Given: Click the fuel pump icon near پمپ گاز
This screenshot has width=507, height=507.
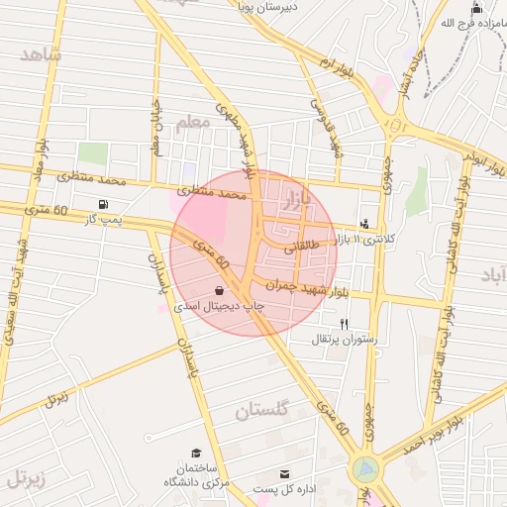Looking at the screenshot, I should (103, 204).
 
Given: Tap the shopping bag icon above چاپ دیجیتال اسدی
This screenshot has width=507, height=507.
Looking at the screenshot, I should (218, 291).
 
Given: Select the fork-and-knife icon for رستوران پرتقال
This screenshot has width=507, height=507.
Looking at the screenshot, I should (345, 324).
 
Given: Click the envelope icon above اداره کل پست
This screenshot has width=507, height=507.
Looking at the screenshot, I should (286, 474).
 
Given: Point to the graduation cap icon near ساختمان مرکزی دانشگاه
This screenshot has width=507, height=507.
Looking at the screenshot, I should (196, 453).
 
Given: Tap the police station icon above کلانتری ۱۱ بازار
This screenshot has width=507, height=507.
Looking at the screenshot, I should (365, 224).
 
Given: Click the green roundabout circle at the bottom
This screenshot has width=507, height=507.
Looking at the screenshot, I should (365, 467).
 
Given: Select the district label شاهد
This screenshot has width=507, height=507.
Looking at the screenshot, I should (41, 53).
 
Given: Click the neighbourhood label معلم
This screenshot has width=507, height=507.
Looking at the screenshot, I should (193, 123).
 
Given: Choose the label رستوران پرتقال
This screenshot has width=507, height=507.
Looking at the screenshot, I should (346, 340).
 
